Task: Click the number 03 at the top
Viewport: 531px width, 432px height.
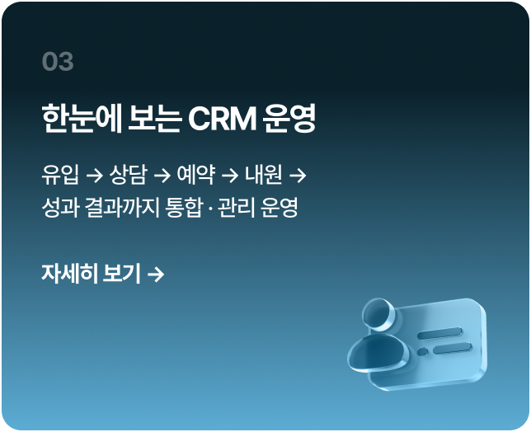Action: (58, 62)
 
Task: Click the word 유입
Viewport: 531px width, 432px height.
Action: (59, 175)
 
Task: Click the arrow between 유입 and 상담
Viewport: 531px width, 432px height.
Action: (93, 175)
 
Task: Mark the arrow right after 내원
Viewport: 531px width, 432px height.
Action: (298, 175)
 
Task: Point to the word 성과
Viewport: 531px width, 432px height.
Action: (60, 206)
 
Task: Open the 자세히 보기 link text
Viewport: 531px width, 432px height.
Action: (91, 273)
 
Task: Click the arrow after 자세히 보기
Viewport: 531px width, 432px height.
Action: (156, 273)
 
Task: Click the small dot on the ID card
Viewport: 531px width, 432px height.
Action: (423, 351)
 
